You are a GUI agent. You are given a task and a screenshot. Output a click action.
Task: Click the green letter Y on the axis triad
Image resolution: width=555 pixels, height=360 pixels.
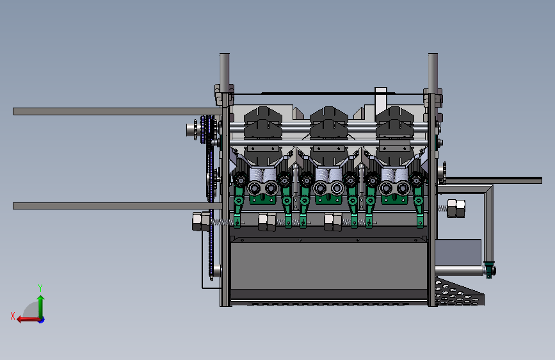click(40, 288)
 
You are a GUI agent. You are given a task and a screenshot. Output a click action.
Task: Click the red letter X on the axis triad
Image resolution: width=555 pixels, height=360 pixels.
click(13, 316)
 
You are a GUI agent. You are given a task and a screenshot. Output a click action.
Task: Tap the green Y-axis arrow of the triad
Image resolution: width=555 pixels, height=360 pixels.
click(41, 306)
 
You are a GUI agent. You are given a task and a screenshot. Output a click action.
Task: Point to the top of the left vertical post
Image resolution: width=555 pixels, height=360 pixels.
click(225, 55)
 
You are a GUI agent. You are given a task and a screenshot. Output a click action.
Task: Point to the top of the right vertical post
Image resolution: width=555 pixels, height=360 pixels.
click(433, 55)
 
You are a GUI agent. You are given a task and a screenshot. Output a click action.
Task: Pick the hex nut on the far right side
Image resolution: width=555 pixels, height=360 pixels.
click(456, 208)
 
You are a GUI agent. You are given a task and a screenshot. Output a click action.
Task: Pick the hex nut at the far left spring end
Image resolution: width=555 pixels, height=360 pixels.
click(201, 222)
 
